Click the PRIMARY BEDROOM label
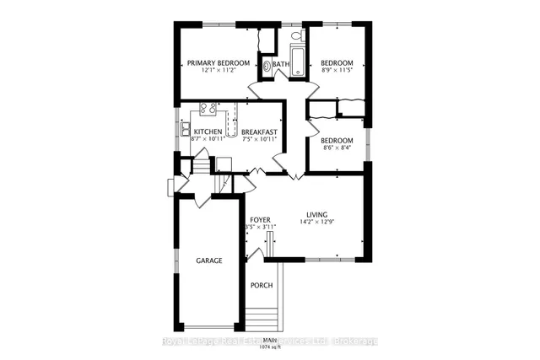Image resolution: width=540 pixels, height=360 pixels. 219,62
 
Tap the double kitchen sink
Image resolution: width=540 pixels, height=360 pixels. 184,129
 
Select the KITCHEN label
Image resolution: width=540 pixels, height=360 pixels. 208,132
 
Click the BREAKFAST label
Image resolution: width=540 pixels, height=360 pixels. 259,132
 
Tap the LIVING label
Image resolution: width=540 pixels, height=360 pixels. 317,215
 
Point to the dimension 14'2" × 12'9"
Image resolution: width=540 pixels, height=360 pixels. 317,223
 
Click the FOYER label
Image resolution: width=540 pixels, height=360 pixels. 259,219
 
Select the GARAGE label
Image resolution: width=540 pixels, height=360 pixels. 209,261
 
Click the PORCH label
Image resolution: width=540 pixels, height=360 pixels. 261,285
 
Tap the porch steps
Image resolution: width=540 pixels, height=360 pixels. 262,320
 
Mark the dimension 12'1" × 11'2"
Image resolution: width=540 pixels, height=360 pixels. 219,71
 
